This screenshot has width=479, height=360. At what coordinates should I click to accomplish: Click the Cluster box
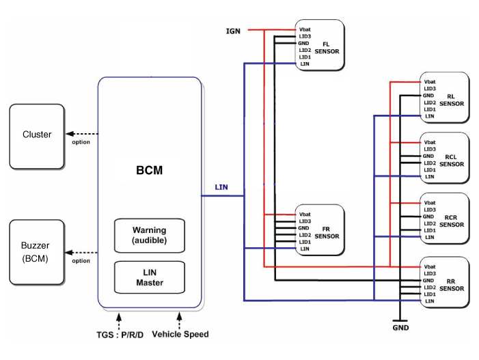click(x=37, y=136)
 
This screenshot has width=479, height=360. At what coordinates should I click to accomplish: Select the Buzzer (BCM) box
click(x=37, y=252)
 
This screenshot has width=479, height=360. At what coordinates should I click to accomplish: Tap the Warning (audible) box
click(x=150, y=236)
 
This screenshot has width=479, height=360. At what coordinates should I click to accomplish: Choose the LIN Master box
click(x=150, y=277)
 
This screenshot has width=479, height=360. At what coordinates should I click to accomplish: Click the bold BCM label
click(x=150, y=170)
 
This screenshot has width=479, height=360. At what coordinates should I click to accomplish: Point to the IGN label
click(x=233, y=31)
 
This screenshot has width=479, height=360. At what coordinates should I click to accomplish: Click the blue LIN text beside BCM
click(x=221, y=187)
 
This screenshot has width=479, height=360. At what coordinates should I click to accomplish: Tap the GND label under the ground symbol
click(x=400, y=328)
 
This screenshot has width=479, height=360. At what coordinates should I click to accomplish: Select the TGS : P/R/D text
click(x=120, y=335)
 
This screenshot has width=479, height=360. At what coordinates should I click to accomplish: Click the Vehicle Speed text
click(x=180, y=334)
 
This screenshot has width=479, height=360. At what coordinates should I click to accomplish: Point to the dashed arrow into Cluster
click(x=82, y=134)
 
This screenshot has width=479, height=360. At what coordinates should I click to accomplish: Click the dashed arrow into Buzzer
click(x=81, y=253)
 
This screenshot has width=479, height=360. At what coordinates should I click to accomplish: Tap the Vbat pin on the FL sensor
click(x=305, y=29)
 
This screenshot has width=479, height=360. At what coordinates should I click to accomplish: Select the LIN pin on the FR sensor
click(x=305, y=249)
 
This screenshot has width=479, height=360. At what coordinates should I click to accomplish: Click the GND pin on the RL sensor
click(x=428, y=96)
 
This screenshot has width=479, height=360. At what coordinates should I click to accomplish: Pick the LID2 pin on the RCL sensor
click(x=430, y=163)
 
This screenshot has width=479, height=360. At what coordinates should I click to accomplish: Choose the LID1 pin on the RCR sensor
click(x=430, y=230)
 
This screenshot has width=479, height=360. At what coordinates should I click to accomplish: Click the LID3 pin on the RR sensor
click(x=430, y=274)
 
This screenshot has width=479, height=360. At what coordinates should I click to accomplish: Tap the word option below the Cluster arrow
click(x=81, y=142)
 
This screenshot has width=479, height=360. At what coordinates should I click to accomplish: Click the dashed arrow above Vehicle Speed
click(x=179, y=320)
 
